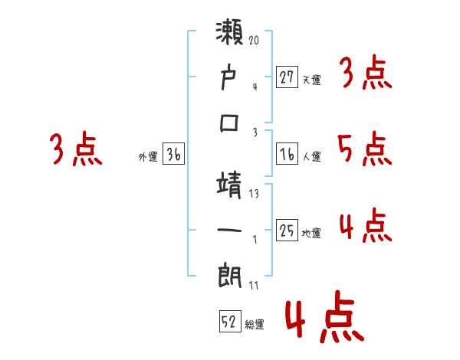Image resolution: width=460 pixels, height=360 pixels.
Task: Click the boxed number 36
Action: pyautogui.click(x=174, y=155)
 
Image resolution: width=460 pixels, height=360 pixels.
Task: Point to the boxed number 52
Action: pyautogui.click(x=229, y=322)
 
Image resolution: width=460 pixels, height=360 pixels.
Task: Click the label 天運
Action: pyautogui.click(x=311, y=80)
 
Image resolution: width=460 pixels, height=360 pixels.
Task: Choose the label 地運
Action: pyautogui.click(x=311, y=234)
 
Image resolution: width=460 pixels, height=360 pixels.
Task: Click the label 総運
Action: pyautogui.click(x=255, y=325)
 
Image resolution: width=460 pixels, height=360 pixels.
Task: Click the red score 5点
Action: pyautogui.click(x=365, y=149)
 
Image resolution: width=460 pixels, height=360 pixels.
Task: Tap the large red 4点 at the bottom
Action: pyautogui.click(x=323, y=319)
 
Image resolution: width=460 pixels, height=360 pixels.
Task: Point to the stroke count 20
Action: pyautogui.click(x=254, y=39)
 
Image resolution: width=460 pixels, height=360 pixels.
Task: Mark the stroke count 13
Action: pyautogui.click(x=254, y=195)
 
